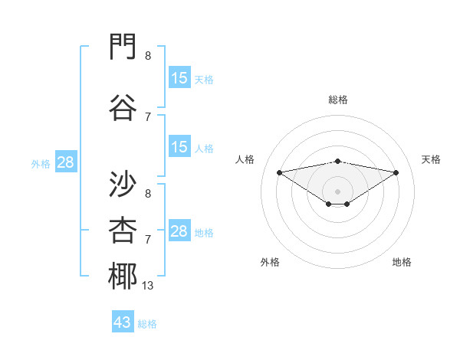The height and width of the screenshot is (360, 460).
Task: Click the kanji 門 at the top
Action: (123, 46)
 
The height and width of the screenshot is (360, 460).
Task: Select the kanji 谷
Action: (123, 107)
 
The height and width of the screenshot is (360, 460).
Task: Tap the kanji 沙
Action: (123, 184)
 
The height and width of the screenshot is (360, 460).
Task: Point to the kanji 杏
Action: (123, 230)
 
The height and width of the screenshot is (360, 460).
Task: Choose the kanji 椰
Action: (123, 276)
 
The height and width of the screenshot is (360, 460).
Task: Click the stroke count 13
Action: (147, 286)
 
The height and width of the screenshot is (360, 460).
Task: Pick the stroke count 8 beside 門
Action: (148, 56)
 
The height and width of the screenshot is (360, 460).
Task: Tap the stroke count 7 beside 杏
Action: (148, 240)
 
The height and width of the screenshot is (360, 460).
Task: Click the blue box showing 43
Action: (123, 321)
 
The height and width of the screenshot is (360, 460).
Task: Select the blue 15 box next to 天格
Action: (180, 77)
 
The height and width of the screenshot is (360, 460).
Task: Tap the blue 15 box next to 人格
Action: (180, 146)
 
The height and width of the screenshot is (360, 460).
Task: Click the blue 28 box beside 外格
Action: (66, 162)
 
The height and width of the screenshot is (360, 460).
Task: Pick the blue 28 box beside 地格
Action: (180, 230)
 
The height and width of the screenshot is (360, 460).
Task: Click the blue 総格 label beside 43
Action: (147, 324)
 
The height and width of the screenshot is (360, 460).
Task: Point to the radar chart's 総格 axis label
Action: (338, 100)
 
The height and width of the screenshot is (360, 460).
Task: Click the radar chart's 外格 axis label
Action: (270, 262)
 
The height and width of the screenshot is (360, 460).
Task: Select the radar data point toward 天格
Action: (396, 172)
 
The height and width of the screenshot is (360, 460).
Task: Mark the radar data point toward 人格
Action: (279, 172)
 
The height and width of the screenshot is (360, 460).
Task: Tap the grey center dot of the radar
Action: (337, 191)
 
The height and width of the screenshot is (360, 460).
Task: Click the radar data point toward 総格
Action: (337, 162)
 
